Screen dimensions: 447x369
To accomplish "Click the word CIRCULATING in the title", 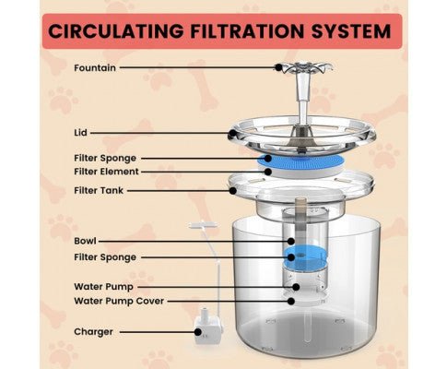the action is pyautogui.click(x=116, y=31).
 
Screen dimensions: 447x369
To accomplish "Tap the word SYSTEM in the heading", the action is pyautogui.click(x=351, y=31).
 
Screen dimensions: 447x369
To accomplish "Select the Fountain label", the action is pyautogui.click(x=95, y=67).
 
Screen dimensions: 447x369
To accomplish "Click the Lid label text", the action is pyautogui.click(x=80, y=133).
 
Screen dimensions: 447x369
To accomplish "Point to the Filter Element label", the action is pyautogui.click(x=106, y=172).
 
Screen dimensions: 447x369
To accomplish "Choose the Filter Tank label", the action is pyautogui.click(x=99, y=191).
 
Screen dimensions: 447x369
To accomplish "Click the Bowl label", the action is pyautogui.click(x=85, y=241).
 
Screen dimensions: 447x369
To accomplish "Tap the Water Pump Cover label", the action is pyautogui.click(x=119, y=301).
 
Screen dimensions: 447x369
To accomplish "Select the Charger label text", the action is pyautogui.click(x=93, y=332).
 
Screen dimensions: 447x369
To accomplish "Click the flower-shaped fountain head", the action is pyautogui.click(x=302, y=68).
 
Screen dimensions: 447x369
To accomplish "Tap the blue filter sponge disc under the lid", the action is pyautogui.click(x=300, y=161).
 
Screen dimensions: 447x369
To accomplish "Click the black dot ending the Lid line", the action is pyautogui.click(x=233, y=134).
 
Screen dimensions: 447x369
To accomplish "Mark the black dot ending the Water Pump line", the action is pyautogui.click(x=296, y=287).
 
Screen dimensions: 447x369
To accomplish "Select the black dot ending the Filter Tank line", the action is pyautogui.click(x=233, y=191).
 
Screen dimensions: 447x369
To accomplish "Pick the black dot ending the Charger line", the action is pyautogui.click(x=198, y=332).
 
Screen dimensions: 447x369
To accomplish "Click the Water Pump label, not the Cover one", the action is pyautogui.click(x=103, y=287).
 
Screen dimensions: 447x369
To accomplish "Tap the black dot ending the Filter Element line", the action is pyautogui.click(x=268, y=172).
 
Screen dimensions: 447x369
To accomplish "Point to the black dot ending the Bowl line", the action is pyautogui.click(x=291, y=241).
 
